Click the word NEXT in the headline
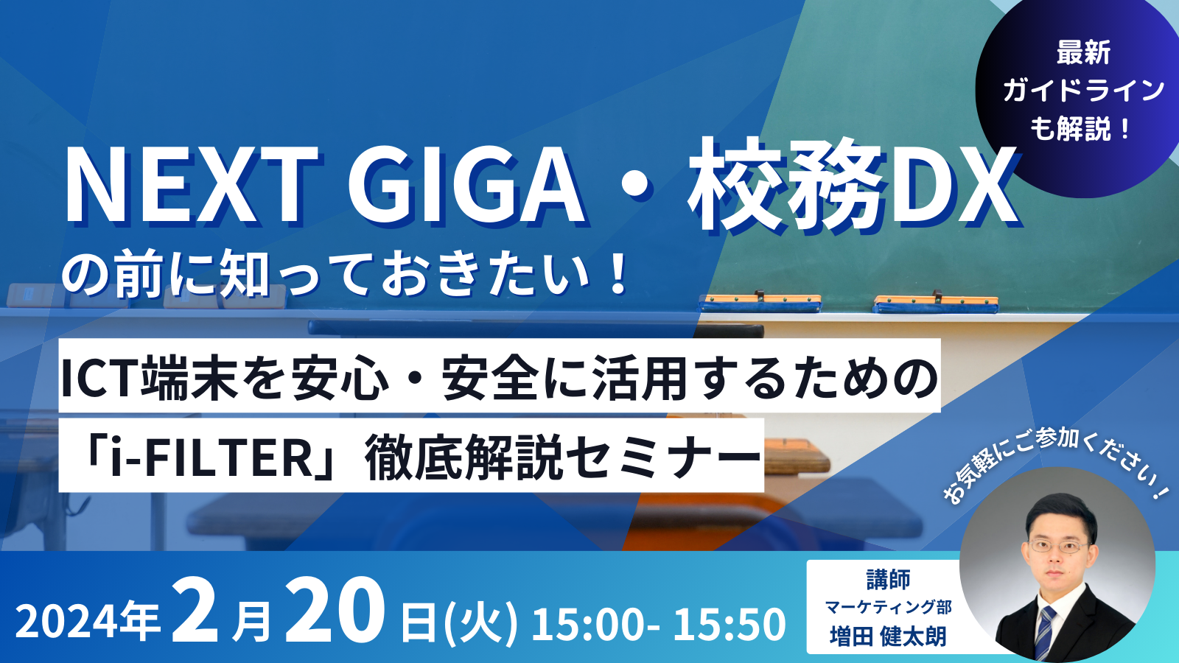point(192,185)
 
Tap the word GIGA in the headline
point(465,185)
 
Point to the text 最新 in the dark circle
point(1083,52)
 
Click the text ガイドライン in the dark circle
point(1083,90)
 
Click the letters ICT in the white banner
point(100,377)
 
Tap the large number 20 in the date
point(335,610)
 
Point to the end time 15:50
point(730,624)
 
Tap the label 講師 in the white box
point(888,579)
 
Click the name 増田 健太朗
point(888,636)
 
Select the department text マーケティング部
point(888,607)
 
